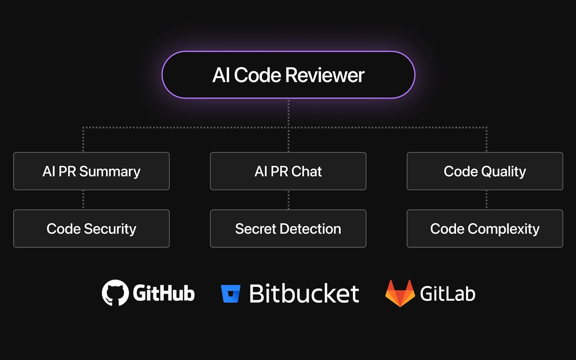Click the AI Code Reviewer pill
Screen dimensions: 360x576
click(x=288, y=75)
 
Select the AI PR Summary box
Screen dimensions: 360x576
click(x=91, y=171)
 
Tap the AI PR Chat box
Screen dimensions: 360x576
click(x=288, y=171)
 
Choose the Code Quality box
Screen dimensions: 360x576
click(x=485, y=171)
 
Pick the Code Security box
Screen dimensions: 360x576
click(x=91, y=228)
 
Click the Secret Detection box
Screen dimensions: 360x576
click(x=288, y=228)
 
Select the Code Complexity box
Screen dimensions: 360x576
click(x=485, y=228)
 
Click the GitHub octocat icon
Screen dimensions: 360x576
click(x=115, y=293)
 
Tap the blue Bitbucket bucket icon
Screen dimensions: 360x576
click(x=231, y=293)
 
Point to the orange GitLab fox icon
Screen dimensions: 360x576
click(x=400, y=293)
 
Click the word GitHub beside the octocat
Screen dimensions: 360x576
click(x=164, y=293)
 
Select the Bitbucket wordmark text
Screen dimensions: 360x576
click(x=304, y=293)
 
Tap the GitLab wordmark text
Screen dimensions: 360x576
click(x=447, y=293)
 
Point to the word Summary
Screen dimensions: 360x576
click(x=110, y=172)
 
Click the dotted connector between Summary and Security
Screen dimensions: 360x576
click(x=83, y=200)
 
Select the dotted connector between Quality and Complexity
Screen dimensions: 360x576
click(x=486, y=200)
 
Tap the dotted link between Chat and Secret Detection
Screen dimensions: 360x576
click(x=288, y=200)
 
